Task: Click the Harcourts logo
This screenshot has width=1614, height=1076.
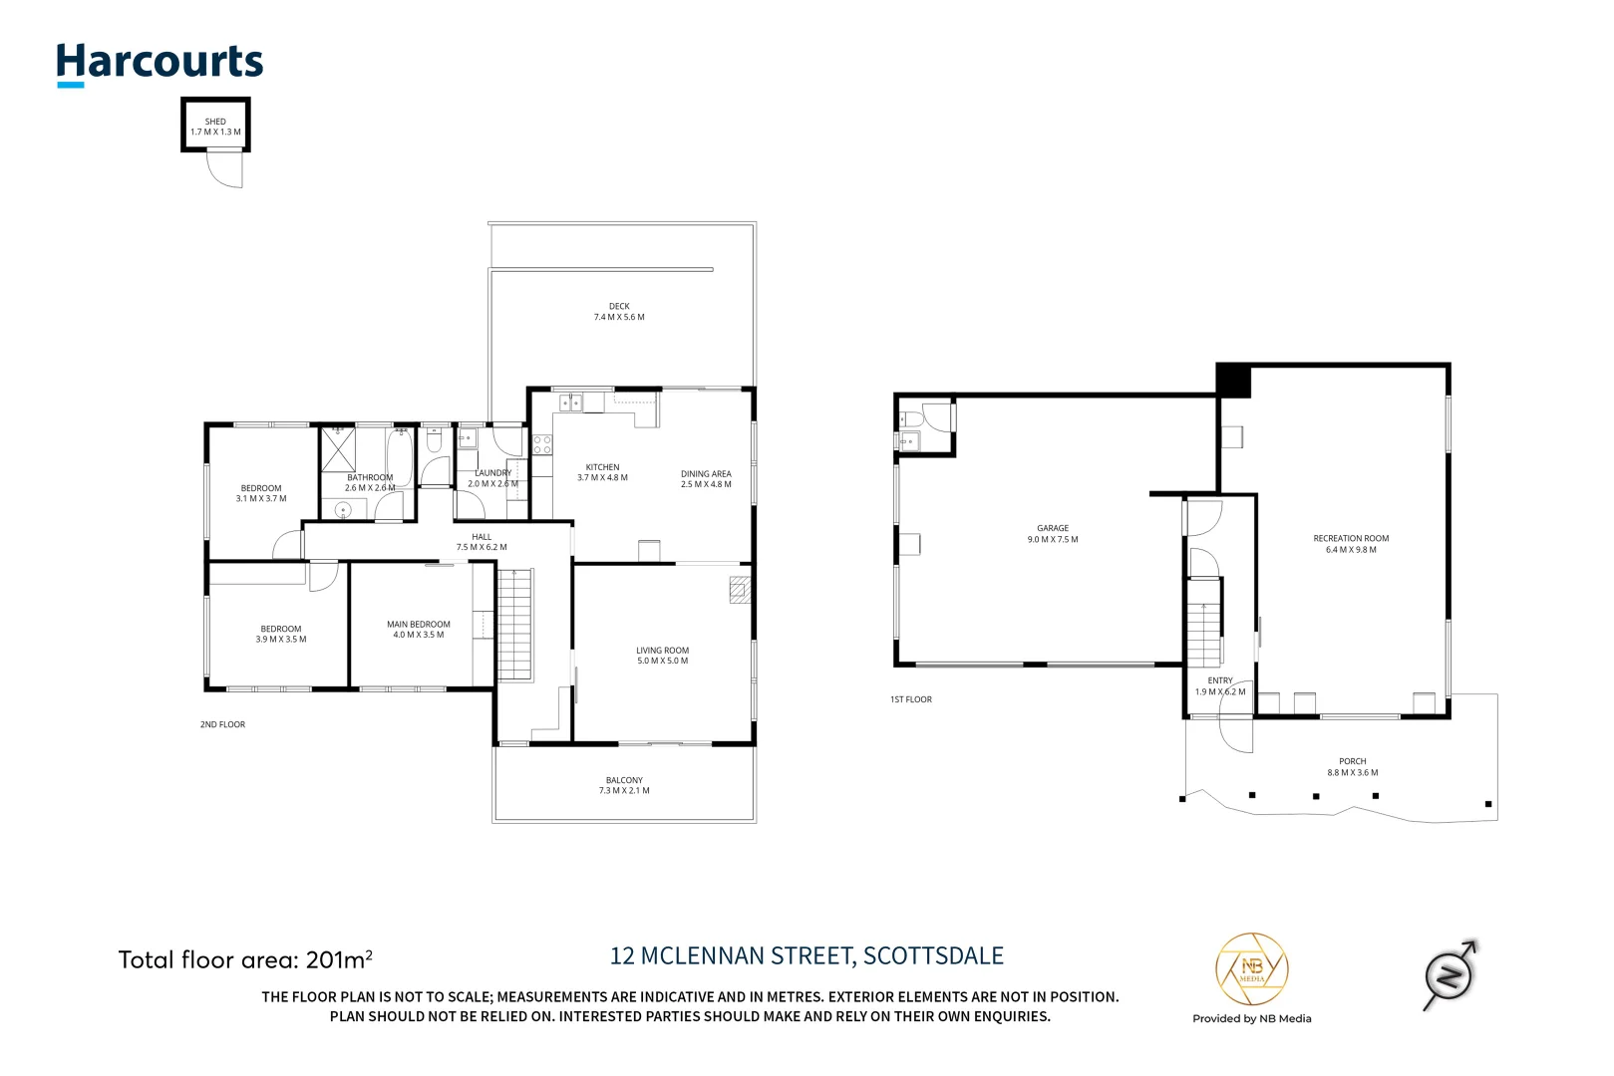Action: click(160, 63)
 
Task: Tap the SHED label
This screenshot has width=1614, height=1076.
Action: click(215, 122)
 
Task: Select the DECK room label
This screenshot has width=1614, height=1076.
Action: click(619, 307)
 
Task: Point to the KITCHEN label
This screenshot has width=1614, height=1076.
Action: click(602, 467)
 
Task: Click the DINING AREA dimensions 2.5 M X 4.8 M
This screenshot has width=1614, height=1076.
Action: click(706, 485)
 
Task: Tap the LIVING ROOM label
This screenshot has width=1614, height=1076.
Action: click(662, 651)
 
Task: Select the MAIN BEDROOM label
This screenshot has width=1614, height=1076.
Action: click(419, 625)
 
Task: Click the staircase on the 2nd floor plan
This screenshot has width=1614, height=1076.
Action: click(515, 625)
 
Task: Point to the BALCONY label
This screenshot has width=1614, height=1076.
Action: click(624, 780)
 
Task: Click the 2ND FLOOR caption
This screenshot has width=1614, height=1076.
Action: click(222, 725)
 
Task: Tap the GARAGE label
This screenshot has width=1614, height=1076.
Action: click(1053, 529)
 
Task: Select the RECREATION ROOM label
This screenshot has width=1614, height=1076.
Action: click(1351, 539)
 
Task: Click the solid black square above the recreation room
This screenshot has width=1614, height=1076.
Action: click(1233, 381)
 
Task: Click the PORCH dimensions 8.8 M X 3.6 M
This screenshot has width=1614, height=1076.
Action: click(1353, 773)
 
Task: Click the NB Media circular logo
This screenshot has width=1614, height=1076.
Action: click(1251, 969)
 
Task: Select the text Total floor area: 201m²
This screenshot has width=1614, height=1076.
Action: click(245, 960)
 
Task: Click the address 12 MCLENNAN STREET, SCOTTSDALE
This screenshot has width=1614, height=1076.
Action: click(807, 956)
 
